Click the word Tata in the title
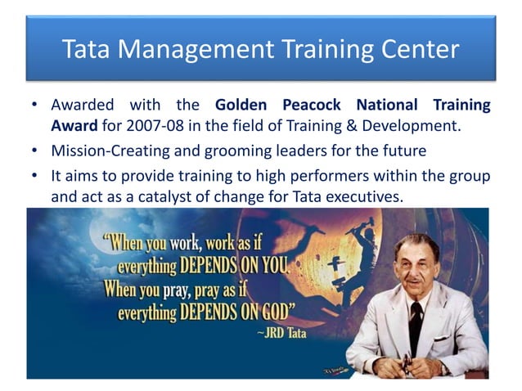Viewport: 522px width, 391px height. tap(87, 50)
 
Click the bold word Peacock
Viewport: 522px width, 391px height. tap(314, 106)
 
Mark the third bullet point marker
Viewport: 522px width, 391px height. tap(34, 177)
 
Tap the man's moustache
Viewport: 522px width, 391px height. tap(413, 279)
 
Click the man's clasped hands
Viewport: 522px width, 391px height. tap(408, 364)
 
